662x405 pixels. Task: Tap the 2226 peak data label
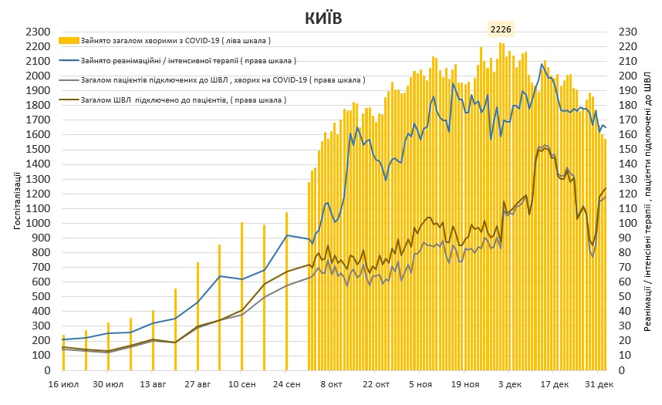point(502,29)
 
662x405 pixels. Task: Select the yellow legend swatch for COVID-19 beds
point(69,40)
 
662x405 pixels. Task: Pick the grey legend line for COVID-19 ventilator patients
point(69,80)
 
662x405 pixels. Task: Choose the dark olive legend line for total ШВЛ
point(69,100)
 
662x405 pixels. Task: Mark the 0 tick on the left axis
point(47,370)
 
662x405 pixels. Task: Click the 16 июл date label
point(64,384)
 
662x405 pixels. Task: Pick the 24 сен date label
point(287,384)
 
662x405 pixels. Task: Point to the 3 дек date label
point(510,384)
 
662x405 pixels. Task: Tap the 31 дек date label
point(599,384)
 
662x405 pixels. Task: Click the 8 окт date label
point(332,384)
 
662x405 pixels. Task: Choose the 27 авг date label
point(198,384)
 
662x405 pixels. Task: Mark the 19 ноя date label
point(465,384)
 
